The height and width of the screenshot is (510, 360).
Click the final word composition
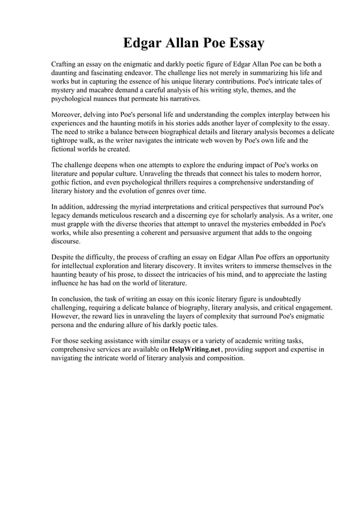221,358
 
